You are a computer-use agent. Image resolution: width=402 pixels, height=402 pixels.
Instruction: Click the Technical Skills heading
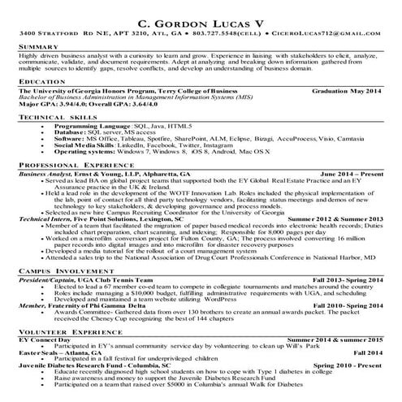[x=54, y=118]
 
